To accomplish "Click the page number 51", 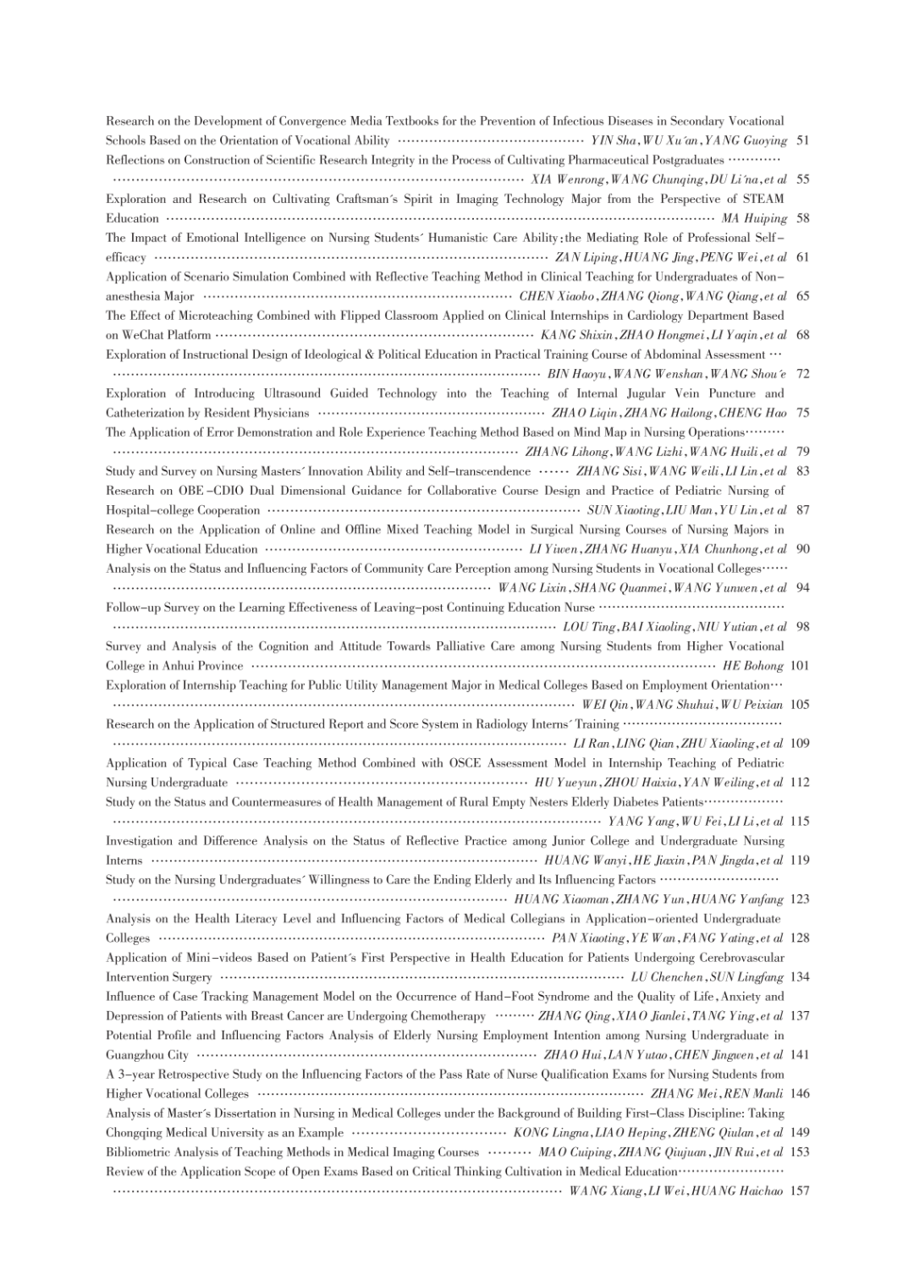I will click(803, 140).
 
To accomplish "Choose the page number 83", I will click(803, 471).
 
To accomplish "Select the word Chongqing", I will click(135, 1133).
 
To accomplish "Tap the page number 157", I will click(800, 1191).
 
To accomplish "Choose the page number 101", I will click(800, 666).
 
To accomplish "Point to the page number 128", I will click(800, 938).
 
